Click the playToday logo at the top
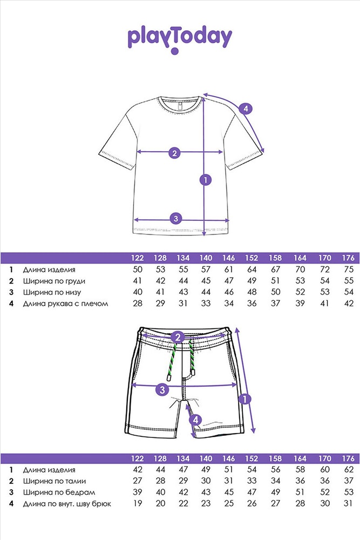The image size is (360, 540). (x=180, y=39)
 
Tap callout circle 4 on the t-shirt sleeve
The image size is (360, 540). (x=246, y=109)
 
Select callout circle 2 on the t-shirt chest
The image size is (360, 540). (x=174, y=153)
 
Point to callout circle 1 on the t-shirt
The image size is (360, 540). (x=206, y=180)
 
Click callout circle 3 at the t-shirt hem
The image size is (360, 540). (x=176, y=218)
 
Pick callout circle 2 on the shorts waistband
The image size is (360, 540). (x=178, y=337)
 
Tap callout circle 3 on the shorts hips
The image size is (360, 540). (x=162, y=390)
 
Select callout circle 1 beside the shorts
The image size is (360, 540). (x=244, y=400)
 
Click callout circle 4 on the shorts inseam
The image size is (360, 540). (x=195, y=420)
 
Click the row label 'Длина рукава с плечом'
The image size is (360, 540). (x=65, y=303)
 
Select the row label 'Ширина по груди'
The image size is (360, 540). (x=54, y=281)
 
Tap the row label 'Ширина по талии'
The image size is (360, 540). (x=55, y=481)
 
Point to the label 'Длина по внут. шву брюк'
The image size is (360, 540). (x=67, y=504)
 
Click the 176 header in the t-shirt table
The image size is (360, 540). (x=348, y=258)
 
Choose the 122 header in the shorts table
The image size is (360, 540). (x=137, y=458)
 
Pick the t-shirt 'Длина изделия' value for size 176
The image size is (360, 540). (x=349, y=269)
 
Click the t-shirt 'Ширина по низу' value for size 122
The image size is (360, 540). (x=138, y=292)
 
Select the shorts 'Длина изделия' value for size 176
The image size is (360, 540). (x=349, y=469)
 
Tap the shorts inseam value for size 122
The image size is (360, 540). (x=138, y=503)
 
